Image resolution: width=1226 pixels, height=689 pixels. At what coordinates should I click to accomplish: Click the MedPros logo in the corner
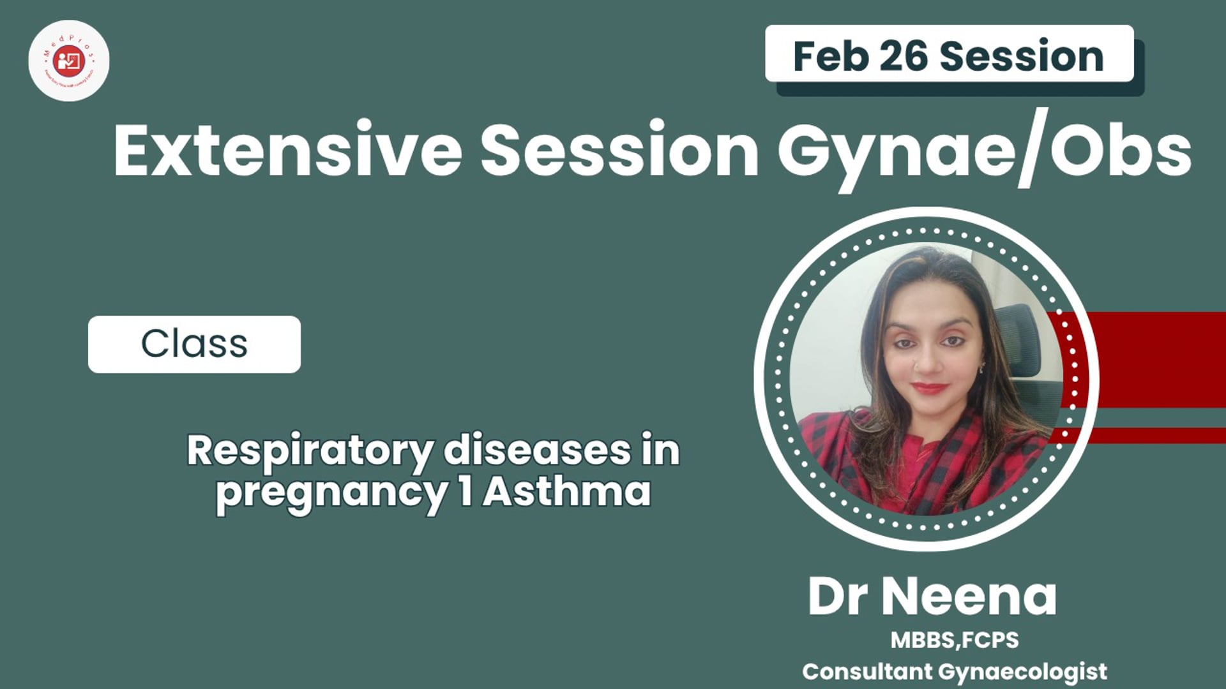click(x=69, y=61)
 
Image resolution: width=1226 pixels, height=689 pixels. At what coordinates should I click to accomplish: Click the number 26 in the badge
click(x=903, y=56)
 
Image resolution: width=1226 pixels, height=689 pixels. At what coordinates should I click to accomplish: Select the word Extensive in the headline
click(x=287, y=151)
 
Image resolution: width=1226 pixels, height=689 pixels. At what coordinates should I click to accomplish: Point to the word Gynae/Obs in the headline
click(x=983, y=151)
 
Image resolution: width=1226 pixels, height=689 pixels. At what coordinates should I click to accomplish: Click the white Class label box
click(x=194, y=344)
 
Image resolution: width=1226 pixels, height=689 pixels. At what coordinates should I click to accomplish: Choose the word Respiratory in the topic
click(x=310, y=452)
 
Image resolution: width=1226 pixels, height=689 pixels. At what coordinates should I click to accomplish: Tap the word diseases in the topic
click(x=536, y=450)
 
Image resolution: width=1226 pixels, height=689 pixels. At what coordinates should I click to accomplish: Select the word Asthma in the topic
click(x=567, y=493)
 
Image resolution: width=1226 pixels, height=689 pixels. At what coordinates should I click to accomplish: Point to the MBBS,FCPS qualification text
click(x=955, y=640)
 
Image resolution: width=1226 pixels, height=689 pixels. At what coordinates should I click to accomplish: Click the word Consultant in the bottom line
click(x=867, y=671)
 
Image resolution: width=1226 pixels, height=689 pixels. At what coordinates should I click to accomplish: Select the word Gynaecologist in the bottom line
click(x=1022, y=672)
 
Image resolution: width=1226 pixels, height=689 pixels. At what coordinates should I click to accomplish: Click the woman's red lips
click(x=928, y=387)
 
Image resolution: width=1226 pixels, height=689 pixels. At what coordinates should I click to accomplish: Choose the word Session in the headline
click(x=619, y=151)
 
